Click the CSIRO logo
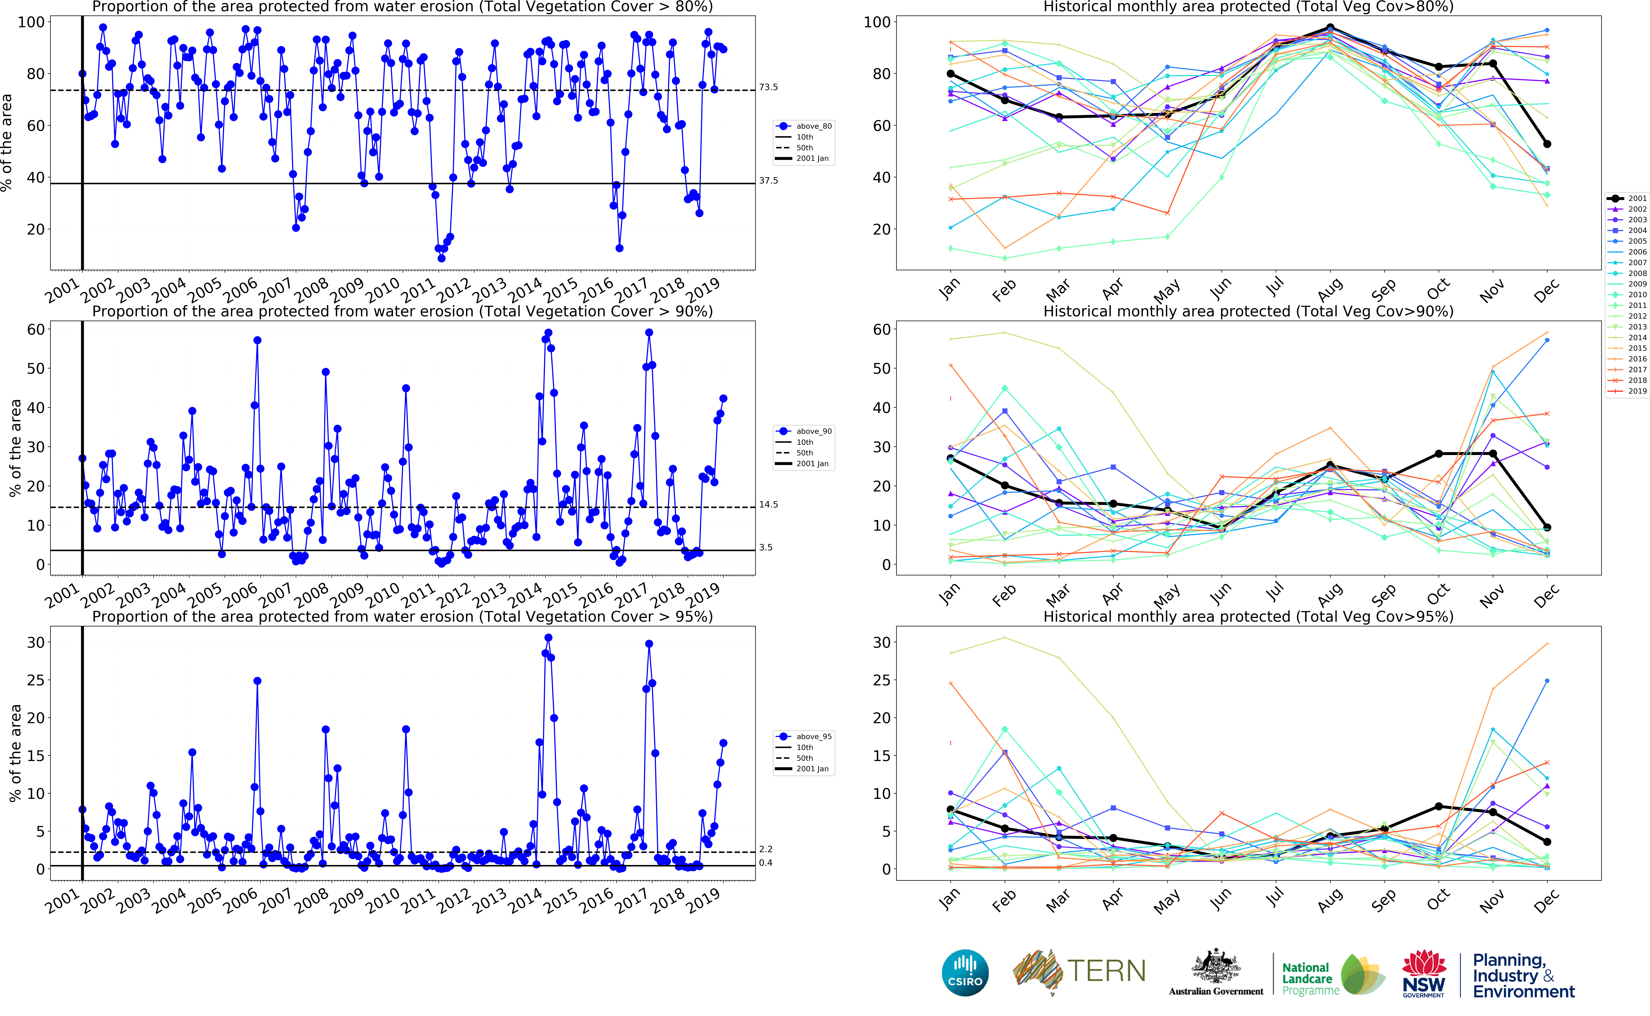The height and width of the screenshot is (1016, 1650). pos(965,972)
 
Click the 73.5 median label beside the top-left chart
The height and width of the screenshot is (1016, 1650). pos(768,87)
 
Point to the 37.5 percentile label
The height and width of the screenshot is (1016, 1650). pos(768,181)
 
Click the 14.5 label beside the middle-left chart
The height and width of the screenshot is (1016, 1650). pos(768,505)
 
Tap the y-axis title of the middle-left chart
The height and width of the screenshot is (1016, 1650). pos(15,448)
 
